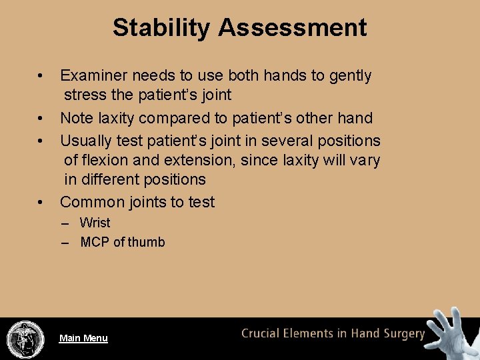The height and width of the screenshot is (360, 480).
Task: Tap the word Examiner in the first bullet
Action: (x=92, y=76)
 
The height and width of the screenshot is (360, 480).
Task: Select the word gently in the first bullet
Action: (x=350, y=76)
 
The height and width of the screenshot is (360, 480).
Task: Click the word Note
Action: (x=76, y=118)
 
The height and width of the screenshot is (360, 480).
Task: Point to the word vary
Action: (x=364, y=160)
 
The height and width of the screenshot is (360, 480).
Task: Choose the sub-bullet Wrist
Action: (x=95, y=223)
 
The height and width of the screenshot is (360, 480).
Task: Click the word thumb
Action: (x=146, y=242)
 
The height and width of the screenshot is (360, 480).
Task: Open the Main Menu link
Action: (x=83, y=338)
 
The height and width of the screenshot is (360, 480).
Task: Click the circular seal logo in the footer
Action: (x=25, y=339)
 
